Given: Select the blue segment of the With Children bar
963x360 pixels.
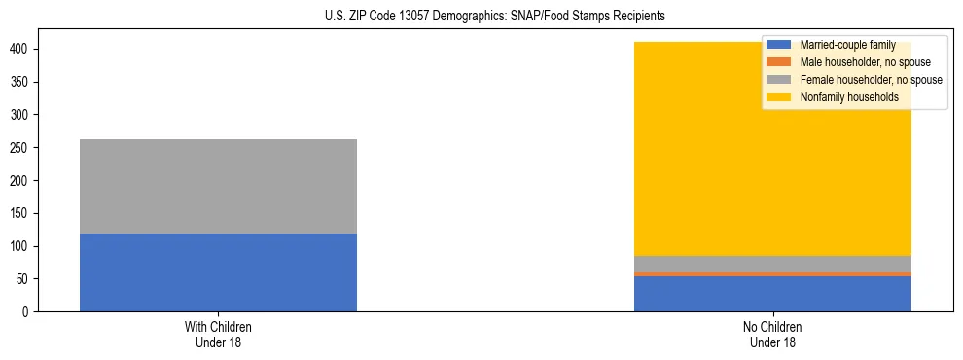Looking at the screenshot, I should tap(218, 272).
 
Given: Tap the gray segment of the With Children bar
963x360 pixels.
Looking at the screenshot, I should tap(218, 186).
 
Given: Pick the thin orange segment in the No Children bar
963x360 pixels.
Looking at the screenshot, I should tap(772, 274).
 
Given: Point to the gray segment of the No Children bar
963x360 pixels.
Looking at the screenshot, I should tap(772, 264).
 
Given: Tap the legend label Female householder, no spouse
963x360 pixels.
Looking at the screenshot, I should tap(870, 80).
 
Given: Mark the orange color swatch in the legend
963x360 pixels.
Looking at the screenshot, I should tap(780, 62).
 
